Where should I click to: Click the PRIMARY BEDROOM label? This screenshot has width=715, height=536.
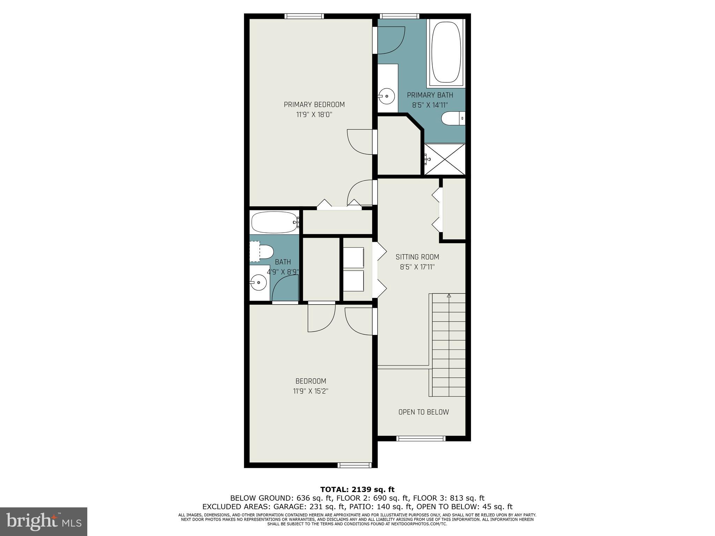coord(314,105)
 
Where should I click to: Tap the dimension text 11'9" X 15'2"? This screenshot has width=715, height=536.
coord(310,391)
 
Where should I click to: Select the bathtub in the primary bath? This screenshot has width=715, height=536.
coord(446,53)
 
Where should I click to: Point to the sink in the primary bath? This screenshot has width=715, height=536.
coord(387,96)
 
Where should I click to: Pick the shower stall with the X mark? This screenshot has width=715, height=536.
coord(445,159)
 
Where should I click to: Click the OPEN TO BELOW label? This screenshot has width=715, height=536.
coord(423,412)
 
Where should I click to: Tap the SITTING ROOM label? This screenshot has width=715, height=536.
coord(417,257)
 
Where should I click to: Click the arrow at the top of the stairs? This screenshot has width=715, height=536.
coord(449,296)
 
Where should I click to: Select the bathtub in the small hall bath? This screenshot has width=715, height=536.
coord(274,222)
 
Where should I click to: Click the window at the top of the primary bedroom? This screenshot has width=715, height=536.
coord(304,16)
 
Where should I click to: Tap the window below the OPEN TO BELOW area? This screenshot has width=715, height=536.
coord(421,439)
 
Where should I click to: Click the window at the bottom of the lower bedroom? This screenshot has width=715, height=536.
coord(354,465)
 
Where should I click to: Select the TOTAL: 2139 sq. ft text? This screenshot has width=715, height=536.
coord(357,490)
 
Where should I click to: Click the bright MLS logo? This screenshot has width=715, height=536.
coord(44,522)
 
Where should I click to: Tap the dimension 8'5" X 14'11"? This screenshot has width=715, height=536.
coord(430,105)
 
